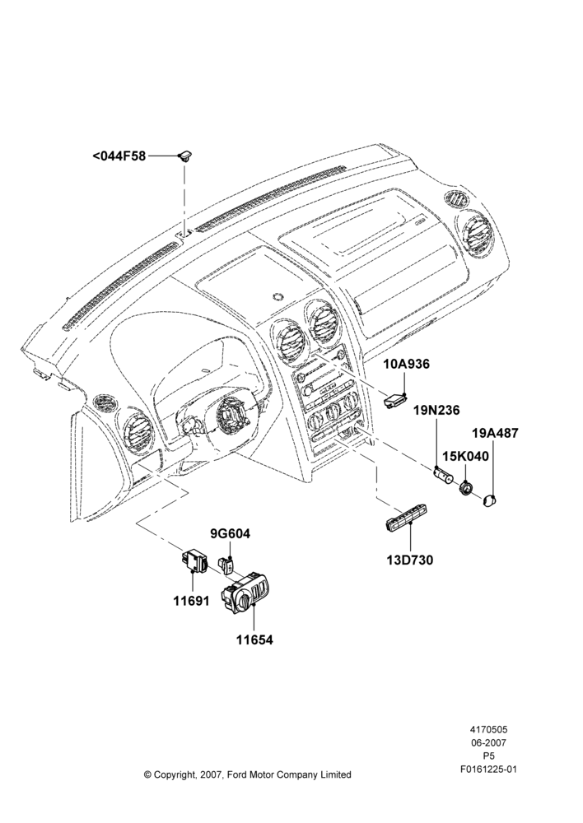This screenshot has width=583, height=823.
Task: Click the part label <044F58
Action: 119,156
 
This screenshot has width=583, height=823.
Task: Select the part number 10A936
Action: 406,364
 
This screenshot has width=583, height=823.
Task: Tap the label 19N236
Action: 436,410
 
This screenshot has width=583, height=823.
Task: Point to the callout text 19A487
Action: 495,433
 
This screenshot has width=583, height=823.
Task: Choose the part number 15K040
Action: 465,456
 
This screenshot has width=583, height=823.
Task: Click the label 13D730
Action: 410,560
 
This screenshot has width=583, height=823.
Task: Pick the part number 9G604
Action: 230,534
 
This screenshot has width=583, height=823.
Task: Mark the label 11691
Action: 192,601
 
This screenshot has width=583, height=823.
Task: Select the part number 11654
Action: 254,639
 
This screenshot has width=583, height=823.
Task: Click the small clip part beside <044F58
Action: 185,156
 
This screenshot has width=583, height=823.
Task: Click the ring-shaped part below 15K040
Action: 465,489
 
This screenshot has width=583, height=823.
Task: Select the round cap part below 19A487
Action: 491,500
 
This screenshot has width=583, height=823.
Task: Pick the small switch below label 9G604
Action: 227,565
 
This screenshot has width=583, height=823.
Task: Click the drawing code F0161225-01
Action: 488,770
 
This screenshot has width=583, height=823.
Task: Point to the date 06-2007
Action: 488,742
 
